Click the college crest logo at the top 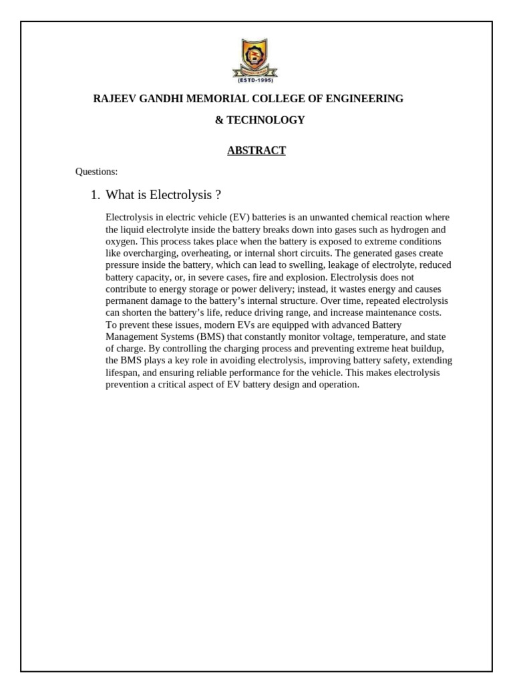[x=256, y=57]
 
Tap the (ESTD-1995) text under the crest [x=256, y=80]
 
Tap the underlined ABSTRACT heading [x=256, y=150]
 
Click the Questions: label [x=96, y=172]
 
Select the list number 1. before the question [x=95, y=195]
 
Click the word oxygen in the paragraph [x=120, y=241]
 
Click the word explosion [x=307, y=277]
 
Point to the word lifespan [x=123, y=373]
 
